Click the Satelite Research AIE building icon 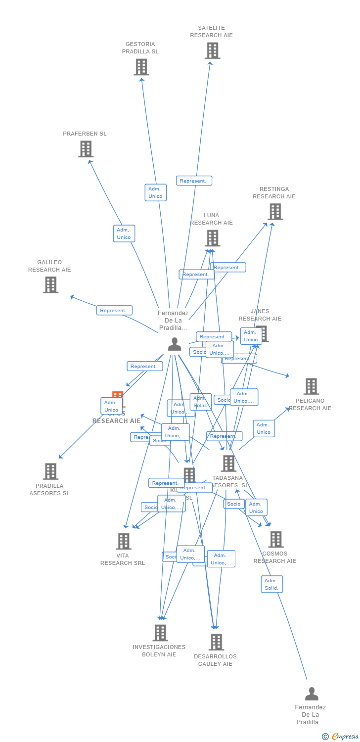click(212, 50)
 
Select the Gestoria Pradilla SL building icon click(141, 67)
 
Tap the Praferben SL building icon click(86, 149)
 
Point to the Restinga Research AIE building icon click(275, 212)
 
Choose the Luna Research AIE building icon click(212, 238)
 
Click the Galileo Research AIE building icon click(50, 285)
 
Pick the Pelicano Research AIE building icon click(311, 386)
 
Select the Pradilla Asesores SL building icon click(50, 471)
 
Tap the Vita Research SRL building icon click(124, 541)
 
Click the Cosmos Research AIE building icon click(275, 540)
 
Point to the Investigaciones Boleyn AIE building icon click(160, 633)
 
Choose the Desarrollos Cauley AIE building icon click(216, 642)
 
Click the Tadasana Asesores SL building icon click(228, 464)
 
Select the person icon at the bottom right click(312, 694)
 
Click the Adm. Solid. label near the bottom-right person click(272, 584)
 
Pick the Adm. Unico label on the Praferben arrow click(124, 233)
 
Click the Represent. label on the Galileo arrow click(114, 311)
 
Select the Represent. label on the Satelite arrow click(194, 181)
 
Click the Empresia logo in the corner click(341, 737)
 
